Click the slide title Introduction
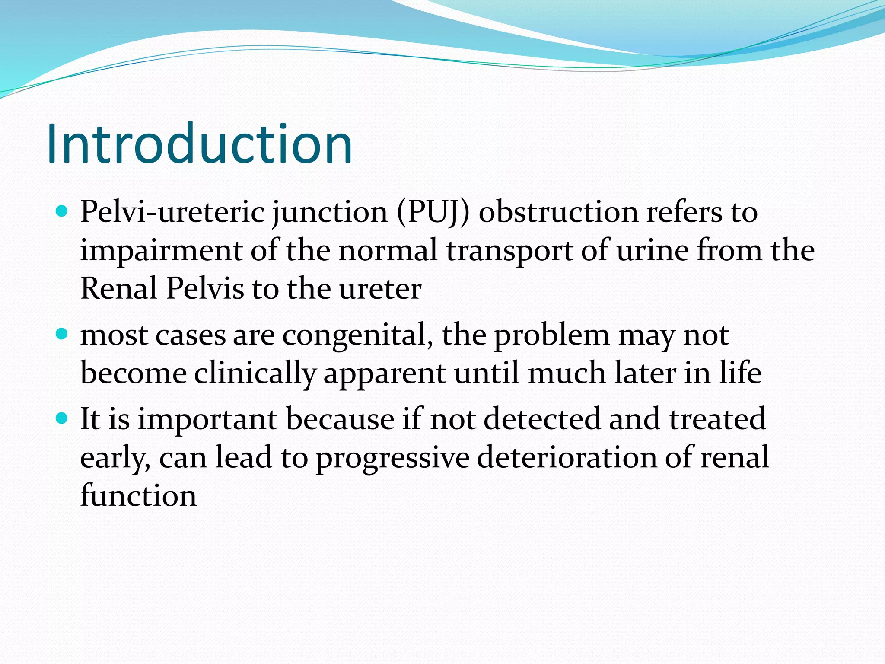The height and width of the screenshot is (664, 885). tap(200, 144)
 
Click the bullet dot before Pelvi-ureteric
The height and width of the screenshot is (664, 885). tap(63, 211)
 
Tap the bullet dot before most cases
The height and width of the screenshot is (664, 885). tap(63, 334)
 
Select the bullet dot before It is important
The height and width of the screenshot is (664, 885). tap(63, 418)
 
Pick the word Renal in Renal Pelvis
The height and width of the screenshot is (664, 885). tap(119, 289)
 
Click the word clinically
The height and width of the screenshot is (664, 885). tap(255, 373)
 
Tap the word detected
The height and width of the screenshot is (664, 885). tap(542, 419)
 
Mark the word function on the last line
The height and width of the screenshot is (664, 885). tap(138, 495)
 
